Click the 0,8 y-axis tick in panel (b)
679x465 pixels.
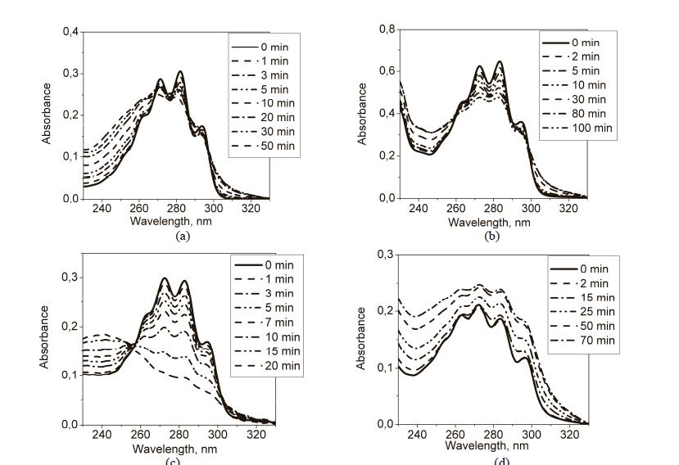pyautogui.click(x=383, y=31)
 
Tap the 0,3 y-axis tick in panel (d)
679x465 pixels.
pyautogui.click(x=383, y=255)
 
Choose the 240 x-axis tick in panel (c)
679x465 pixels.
pyautogui.click(x=102, y=433)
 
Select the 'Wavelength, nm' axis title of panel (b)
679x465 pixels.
pyautogui.click(x=493, y=222)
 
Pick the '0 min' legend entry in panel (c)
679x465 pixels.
pyautogui.click(x=261, y=264)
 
